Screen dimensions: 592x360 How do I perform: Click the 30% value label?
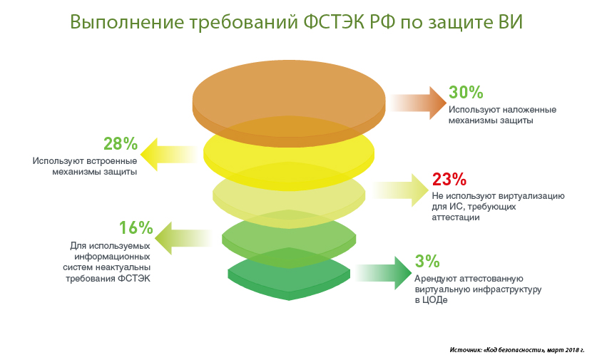tap(466, 92)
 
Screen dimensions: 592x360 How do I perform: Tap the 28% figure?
tap(121, 144)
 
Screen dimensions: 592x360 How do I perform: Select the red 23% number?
tap(449, 179)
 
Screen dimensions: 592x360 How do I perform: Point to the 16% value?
tap(136, 228)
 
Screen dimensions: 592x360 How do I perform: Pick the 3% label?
tap(427, 261)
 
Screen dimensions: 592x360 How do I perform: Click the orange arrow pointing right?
tap(417, 103)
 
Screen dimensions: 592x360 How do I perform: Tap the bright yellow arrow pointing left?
tap(169, 155)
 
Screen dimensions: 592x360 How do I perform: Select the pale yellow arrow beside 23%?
tap(399, 190)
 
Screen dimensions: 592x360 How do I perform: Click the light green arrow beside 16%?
tap(183, 238)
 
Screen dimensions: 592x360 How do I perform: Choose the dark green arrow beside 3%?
tap(384, 273)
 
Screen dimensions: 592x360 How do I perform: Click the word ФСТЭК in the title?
tap(333, 22)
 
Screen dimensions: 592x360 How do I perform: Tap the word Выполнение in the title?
tap(127, 23)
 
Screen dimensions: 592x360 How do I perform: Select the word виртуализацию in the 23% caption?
tap(531, 196)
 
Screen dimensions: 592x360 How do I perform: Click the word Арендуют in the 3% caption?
tap(434, 279)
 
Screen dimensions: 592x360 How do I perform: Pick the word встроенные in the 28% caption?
tap(112, 161)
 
